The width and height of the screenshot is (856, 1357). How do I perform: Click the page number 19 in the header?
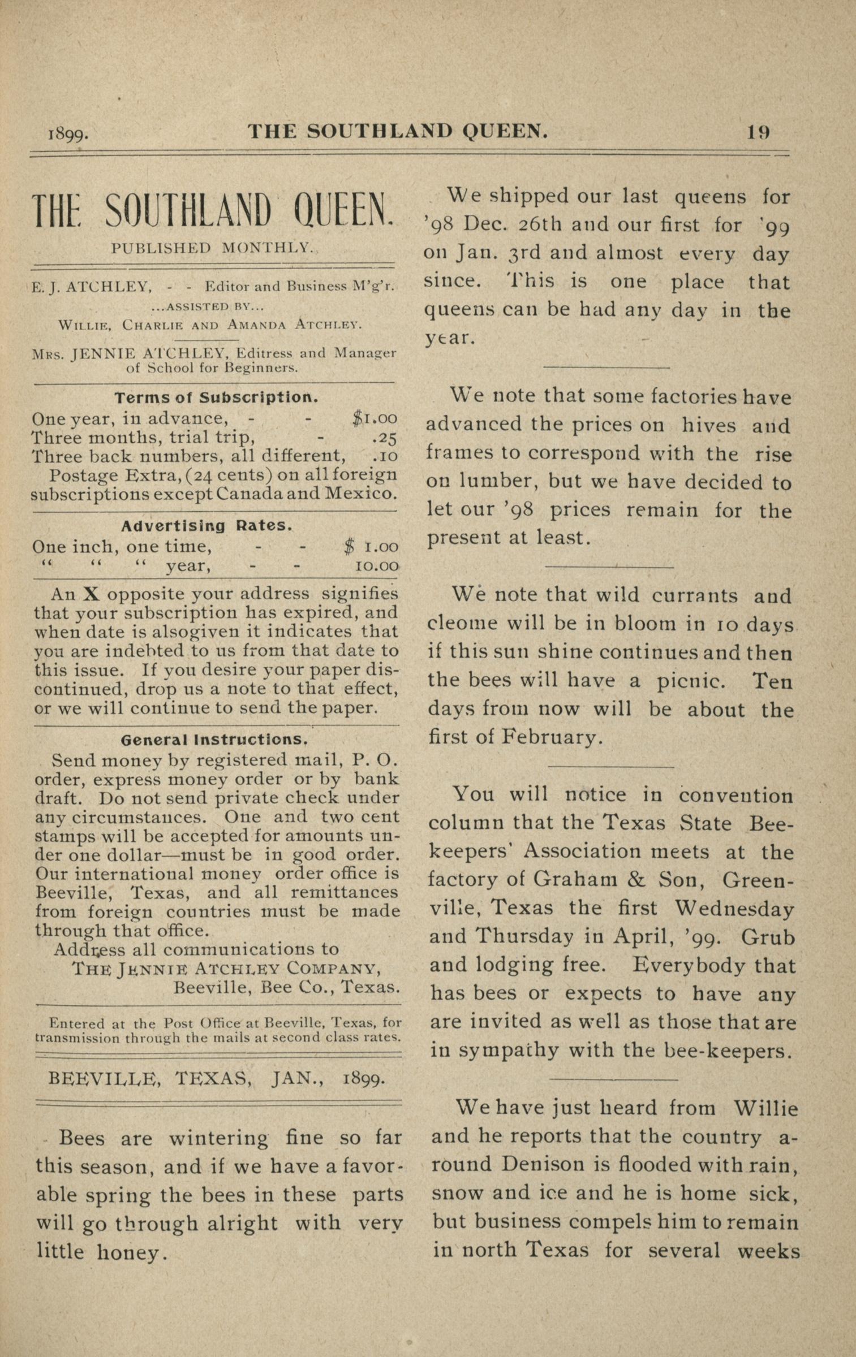(758, 132)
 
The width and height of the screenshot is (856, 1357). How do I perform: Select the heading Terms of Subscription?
(216, 397)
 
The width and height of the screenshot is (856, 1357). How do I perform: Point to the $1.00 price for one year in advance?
(375, 418)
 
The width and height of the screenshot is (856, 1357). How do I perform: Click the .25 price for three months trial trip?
(385, 437)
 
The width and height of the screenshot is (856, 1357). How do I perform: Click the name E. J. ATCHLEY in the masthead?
(91, 287)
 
